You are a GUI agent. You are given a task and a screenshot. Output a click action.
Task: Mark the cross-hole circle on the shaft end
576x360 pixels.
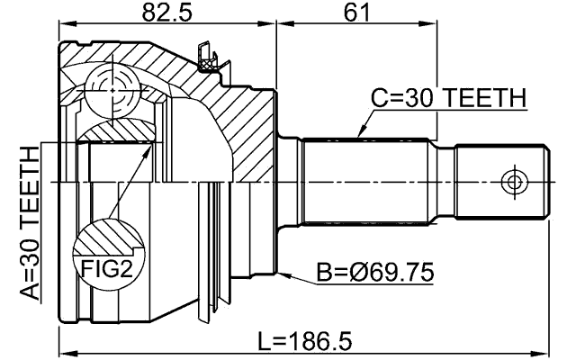click(514, 182)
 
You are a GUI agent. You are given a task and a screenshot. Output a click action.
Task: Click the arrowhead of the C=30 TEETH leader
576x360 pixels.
click(359, 135)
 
